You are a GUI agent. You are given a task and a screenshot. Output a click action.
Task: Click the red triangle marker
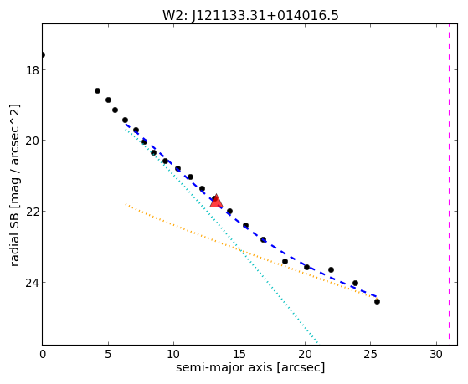pos(216,201)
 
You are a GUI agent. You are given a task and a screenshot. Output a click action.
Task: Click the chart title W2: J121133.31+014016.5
pos(250,16)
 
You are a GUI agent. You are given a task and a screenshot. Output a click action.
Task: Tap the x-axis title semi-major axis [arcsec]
pos(250,367)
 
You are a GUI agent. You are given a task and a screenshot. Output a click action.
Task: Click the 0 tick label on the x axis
pos(43,355)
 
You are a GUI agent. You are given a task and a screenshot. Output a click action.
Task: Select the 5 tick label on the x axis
pos(108,355)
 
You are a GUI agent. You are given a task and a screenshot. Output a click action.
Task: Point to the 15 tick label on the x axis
pos(239,355)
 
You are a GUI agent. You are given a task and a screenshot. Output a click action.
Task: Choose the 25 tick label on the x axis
pos(370,355)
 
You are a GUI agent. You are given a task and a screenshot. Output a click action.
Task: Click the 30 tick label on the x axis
pos(436,355)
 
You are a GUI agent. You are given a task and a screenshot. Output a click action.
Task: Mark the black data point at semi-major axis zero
pos(43,54)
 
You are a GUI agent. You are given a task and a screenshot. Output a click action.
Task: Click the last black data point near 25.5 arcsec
pos(377,302)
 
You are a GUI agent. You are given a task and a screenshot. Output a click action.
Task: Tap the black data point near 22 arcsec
pos(331,269)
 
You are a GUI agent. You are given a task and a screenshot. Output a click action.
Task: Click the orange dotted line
pos(250,250)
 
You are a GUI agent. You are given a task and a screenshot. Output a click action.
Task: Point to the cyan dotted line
pos(221,236)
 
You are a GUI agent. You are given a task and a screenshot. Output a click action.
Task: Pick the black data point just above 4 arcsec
pos(97,90)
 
